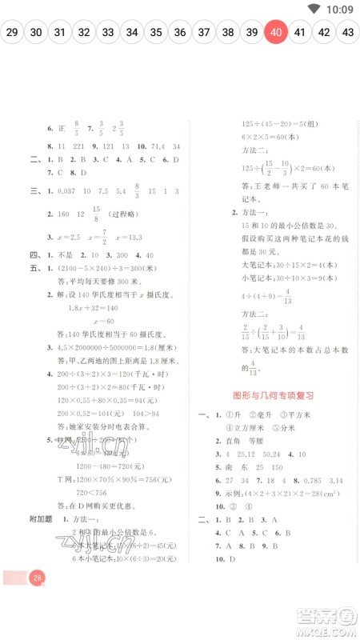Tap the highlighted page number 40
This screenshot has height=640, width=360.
(x=276, y=33)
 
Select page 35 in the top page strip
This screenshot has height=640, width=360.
(x=156, y=33)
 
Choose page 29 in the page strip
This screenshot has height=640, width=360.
(x=12, y=33)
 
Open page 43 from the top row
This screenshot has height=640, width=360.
(x=347, y=33)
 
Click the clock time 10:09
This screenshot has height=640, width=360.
(x=340, y=9)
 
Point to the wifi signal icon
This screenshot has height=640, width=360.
(x=313, y=9)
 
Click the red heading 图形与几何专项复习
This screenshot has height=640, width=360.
(x=272, y=395)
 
